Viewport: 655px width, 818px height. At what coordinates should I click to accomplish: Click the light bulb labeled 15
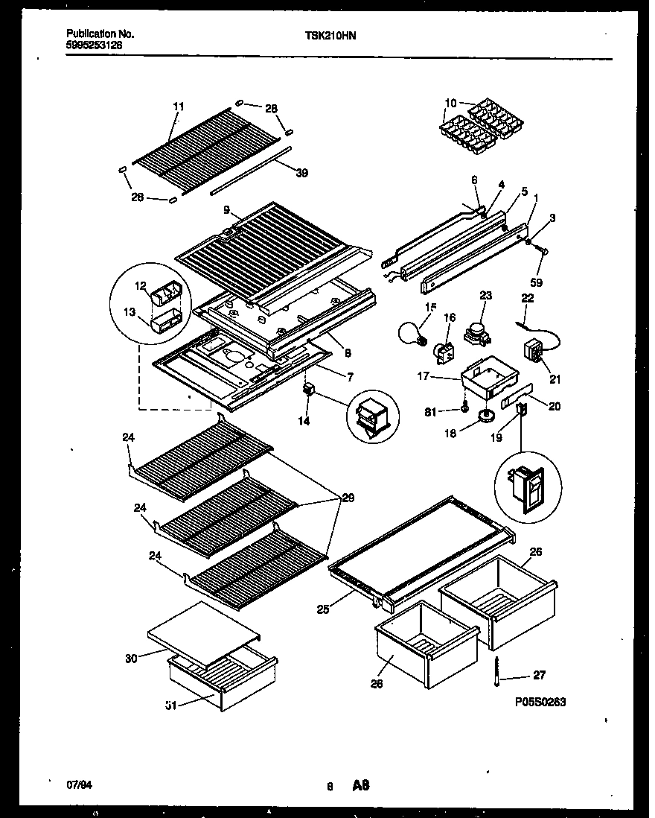[412, 333]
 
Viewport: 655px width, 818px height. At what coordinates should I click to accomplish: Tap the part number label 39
[301, 173]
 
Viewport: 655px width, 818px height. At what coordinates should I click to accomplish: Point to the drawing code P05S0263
[544, 702]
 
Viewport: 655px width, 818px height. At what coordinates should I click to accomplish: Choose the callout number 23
[487, 294]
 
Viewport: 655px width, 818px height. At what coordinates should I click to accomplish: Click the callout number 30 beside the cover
[130, 657]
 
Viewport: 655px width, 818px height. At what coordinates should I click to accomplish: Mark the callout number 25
[322, 609]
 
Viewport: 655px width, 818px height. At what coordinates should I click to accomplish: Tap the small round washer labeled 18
[488, 416]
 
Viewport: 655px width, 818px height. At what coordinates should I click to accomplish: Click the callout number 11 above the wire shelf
[177, 107]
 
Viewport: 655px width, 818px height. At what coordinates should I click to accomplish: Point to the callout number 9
[225, 210]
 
